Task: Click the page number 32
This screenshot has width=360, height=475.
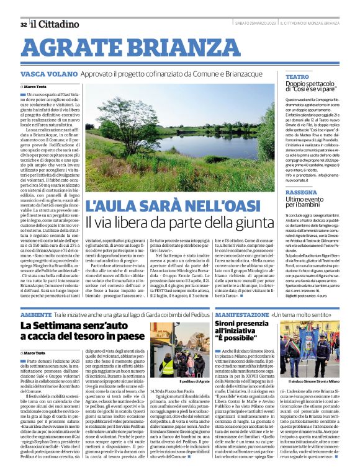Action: (x=23, y=24)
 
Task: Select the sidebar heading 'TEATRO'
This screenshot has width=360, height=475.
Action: (x=297, y=76)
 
